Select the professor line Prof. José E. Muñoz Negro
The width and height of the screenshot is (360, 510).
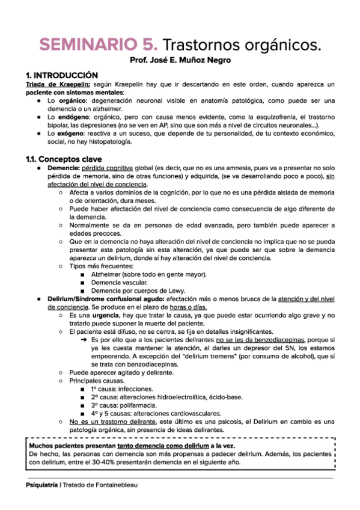(x=180, y=61)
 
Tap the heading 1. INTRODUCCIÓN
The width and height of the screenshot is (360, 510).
(x=61, y=76)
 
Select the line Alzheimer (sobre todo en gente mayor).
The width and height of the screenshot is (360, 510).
(x=148, y=274)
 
